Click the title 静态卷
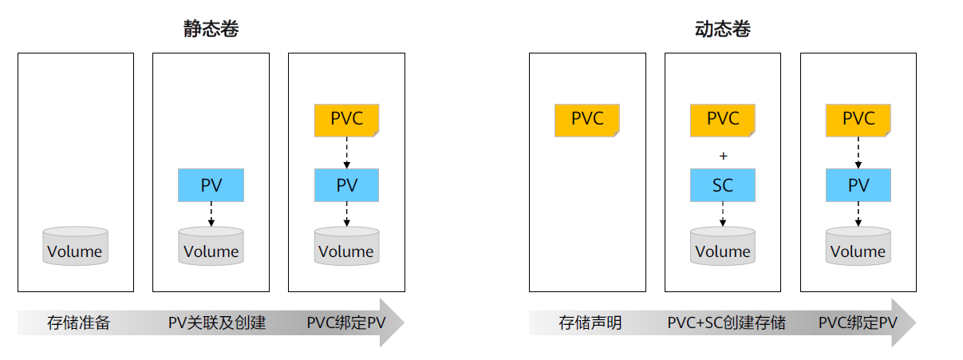(211, 30)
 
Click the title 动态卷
(722, 30)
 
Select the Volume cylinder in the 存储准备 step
(75, 247)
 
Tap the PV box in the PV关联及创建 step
(211, 185)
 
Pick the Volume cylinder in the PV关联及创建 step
(211, 247)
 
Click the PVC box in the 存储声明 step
(586, 120)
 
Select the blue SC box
(722, 185)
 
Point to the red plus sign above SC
(723, 156)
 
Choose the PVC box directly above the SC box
(722, 120)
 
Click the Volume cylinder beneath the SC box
(722, 247)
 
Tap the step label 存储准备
(78, 323)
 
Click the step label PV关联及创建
(216, 323)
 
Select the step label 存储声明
(590, 323)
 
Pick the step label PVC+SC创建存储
(726, 323)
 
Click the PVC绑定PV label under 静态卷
(345, 323)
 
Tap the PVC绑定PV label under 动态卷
(858, 323)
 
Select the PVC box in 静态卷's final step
(346, 120)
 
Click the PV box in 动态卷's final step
(858, 185)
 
